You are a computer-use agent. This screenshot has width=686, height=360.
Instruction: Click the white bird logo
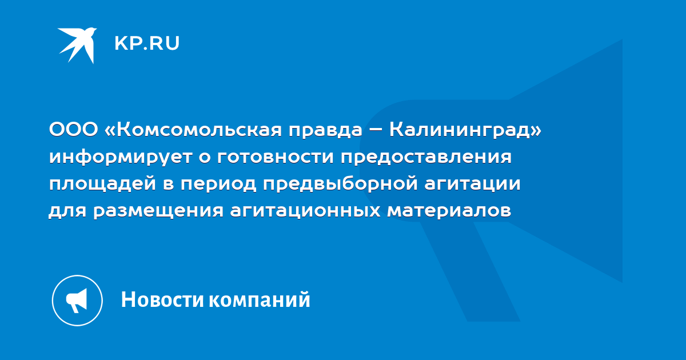pos(78,45)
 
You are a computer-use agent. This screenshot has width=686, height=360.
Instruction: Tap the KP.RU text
pos(147,43)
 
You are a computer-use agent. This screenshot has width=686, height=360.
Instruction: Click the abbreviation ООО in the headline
pos(74,130)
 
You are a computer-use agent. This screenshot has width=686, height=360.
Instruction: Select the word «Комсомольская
pos(193,130)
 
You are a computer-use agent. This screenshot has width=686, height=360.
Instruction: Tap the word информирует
pos(121,157)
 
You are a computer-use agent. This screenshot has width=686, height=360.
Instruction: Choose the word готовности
pos(276,157)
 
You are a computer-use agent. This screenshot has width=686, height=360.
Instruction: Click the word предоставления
pos(426,157)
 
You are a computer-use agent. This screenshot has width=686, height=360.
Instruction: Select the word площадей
pos(102,183)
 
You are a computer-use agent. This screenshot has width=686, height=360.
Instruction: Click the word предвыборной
pos(341,184)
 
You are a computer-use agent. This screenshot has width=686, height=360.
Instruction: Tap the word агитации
pos(473,184)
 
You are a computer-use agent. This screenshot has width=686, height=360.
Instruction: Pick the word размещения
pos(158,211)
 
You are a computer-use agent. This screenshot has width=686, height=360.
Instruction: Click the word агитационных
pos(305,211)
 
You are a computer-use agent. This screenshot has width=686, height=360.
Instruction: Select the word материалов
pos(449,211)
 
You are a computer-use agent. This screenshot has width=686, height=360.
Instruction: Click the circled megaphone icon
pos(77,301)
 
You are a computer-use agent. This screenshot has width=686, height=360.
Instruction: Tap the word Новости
pos(162,299)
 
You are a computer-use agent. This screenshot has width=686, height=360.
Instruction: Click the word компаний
pos(260,299)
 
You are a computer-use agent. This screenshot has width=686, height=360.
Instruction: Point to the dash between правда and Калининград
pos(376,130)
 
